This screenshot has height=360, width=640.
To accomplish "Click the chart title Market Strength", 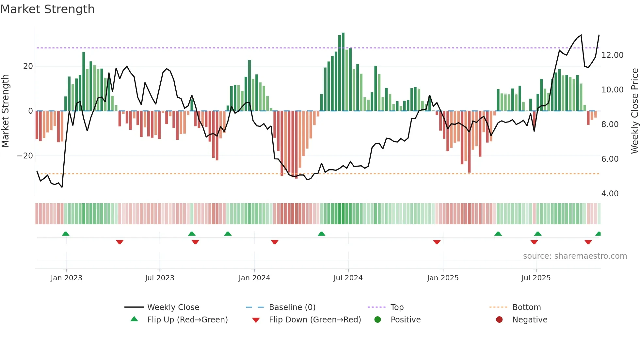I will pyautogui.click(x=47, y=9).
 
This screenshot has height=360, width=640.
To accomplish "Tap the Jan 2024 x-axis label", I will pyautogui.click(x=254, y=278).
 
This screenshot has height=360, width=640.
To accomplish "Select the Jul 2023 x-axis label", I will pyautogui.click(x=160, y=278).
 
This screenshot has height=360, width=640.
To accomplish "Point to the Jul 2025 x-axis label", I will pyautogui.click(x=536, y=278).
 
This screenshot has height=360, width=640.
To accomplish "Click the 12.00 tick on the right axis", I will pyautogui.click(x=612, y=55).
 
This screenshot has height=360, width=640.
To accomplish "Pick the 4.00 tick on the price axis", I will pyautogui.click(x=610, y=194).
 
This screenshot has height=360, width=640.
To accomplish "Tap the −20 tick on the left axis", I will pyautogui.click(x=25, y=156).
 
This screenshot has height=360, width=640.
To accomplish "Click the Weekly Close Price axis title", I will pyautogui.click(x=634, y=111).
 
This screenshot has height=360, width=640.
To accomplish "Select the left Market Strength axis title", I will pyautogui.click(x=6, y=111).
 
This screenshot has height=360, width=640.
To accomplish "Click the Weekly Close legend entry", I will pyautogui.click(x=173, y=307).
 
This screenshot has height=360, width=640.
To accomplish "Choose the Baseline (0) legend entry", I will pyautogui.click(x=292, y=307).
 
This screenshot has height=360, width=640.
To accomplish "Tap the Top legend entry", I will pyautogui.click(x=397, y=307).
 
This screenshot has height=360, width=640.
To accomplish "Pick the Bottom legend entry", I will pyautogui.click(x=526, y=307).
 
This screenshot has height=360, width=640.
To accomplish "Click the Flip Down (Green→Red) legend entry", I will pyautogui.click(x=315, y=320).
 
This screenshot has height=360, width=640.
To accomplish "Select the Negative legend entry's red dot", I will pyautogui.click(x=499, y=320).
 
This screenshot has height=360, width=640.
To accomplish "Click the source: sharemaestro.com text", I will pyautogui.click(x=575, y=256).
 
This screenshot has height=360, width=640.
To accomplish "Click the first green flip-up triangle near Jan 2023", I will pyautogui.click(x=66, y=234).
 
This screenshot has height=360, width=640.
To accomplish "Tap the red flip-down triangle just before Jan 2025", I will pyautogui.click(x=437, y=242).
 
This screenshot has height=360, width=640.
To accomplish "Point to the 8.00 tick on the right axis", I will pyautogui.click(x=610, y=124).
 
